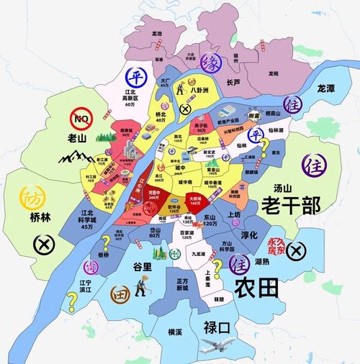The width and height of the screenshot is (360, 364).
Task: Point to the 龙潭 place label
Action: pos(330,88)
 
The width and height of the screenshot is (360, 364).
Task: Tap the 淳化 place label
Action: pos(251,234)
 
